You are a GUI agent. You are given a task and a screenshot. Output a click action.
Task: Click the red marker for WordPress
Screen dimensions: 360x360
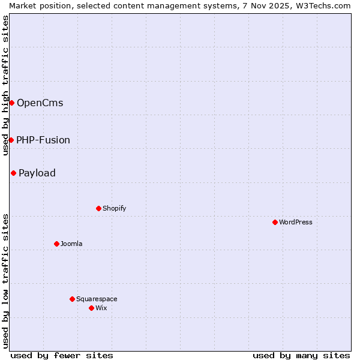[x=275, y=222]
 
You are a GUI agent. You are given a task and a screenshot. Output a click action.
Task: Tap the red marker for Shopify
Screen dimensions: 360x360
[x=98, y=208]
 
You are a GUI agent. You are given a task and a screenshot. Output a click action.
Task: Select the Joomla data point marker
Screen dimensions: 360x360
[x=56, y=244]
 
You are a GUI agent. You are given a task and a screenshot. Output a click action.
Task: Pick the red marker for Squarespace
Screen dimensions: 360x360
[x=72, y=299]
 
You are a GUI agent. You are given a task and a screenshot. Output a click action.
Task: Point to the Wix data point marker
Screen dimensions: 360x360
[x=91, y=308]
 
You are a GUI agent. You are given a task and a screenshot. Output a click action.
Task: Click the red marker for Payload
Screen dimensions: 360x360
[x=13, y=173]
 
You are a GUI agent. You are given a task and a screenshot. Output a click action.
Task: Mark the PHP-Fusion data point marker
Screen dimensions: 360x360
[x=11, y=140]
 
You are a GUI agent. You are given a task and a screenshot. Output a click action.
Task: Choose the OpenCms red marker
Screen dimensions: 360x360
[x=11, y=103]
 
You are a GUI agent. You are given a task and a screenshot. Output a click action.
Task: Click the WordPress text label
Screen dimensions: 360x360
[x=296, y=222]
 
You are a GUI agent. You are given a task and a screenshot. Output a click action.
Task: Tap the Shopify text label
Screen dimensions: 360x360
[x=114, y=208]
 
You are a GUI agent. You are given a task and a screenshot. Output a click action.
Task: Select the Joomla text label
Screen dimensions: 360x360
[x=71, y=244]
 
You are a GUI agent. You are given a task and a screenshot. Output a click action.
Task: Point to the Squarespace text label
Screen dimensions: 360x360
[x=97, y=299]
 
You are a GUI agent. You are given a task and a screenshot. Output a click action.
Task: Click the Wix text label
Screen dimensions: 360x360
[x=101, y=308]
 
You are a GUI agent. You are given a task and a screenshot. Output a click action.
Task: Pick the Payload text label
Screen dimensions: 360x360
[x=37, y=173]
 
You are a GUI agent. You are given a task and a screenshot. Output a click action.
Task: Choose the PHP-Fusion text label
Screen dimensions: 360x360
[x=43, y=140]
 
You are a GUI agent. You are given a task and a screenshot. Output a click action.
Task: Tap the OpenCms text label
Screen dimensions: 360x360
[x=40, y=103]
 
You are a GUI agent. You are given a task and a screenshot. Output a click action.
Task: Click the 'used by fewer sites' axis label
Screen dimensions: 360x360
[x=62, y=355]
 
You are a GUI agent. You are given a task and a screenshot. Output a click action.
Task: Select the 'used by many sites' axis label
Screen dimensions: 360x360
[x=301, y=355]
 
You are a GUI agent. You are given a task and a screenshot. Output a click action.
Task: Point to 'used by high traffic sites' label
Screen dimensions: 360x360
[x=5, y=85]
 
